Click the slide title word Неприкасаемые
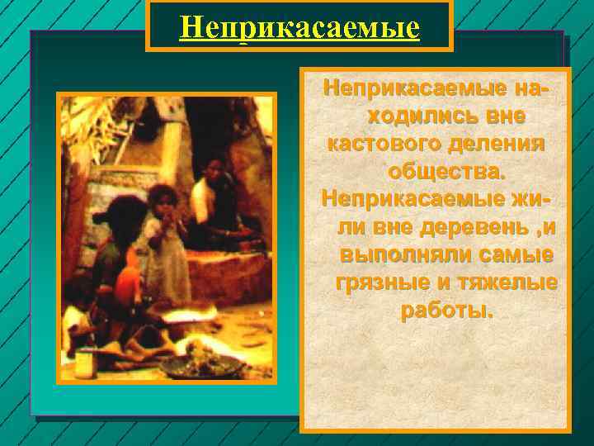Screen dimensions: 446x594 299,29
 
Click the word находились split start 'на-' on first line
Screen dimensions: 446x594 533,87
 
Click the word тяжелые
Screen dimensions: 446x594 505,283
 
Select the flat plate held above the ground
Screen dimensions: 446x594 192,313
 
